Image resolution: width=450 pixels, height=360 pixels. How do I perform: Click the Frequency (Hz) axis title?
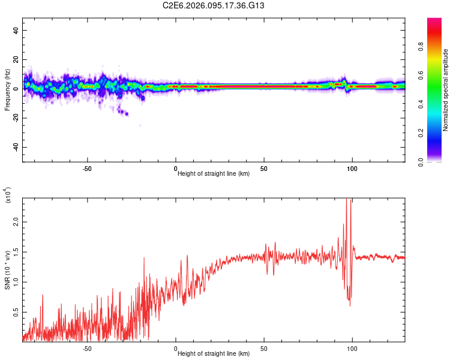[7, 90]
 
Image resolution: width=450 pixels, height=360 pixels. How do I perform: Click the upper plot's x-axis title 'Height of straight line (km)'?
[214, 174]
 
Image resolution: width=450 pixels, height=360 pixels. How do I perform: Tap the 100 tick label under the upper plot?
[352, 168]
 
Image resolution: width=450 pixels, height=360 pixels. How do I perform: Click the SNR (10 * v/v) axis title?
[7, 270]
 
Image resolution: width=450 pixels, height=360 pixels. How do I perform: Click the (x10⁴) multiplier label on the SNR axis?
[8, 196]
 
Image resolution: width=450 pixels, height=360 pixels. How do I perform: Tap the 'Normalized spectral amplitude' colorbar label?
[446, 90]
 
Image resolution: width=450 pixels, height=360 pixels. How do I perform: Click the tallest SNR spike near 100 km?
[349, 201]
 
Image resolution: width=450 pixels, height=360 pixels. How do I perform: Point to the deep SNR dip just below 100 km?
[350, 305]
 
